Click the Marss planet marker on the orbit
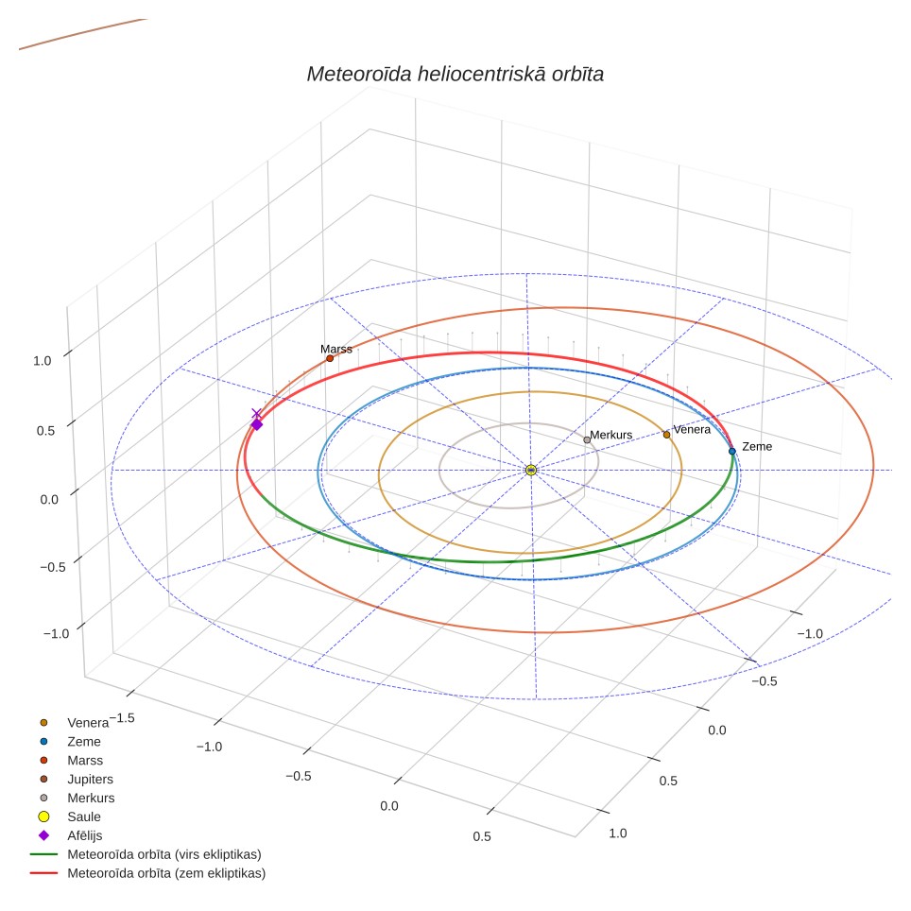(330, 358)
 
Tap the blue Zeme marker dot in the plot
(732, 451)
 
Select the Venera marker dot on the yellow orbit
(666, 435)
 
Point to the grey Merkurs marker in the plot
(587, 439)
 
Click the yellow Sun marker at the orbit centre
(530, 470)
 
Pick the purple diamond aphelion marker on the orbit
(257, 424)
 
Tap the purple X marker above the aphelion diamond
(256, 413)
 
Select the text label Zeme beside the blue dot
(757, 446)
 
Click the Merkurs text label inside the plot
(611, 435)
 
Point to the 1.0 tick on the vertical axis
(43, 361)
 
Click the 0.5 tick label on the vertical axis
(46, 431)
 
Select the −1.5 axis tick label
(122, 718)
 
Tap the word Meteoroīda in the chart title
(359, 74)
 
